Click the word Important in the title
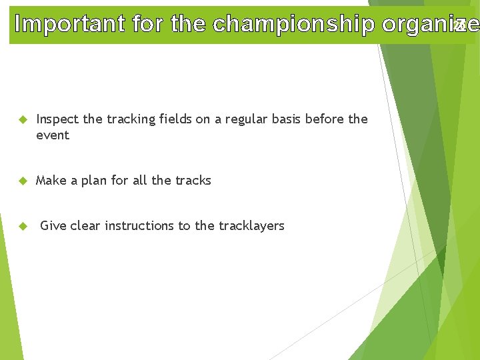[x=70, y=24]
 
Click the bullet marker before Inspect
[x=22, y=120]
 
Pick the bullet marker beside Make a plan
[x=22, y=181]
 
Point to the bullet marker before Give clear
[x=22, y=227]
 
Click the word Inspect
[x=57, y=119]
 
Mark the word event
[x=53, y=135]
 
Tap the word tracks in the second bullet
[x=193, y=181]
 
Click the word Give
[x=53, y=226]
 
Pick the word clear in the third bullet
[x=85, y=226]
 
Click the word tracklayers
[x=251, y=226]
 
